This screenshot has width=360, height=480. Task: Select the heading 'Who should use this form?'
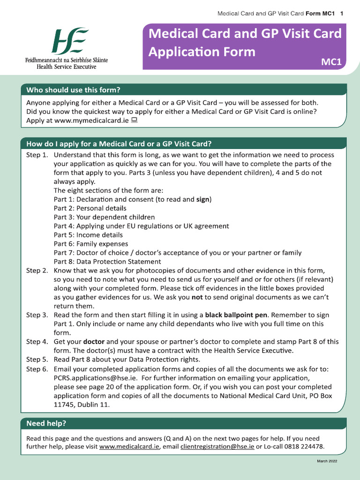point(73,90)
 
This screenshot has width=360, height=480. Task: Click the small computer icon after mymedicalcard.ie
point(134,120)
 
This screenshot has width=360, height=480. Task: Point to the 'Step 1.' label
point(37,155)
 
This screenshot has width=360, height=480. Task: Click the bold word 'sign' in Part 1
point(202,199)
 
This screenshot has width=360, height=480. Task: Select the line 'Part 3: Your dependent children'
point(104,217)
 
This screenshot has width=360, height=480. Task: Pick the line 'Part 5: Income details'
point(88,235)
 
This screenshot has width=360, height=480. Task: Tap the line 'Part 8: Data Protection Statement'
point(107,262)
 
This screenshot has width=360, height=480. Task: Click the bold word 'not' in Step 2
point(197,297)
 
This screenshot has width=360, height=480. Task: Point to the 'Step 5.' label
point(37,360)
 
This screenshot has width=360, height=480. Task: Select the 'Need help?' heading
point(46,424)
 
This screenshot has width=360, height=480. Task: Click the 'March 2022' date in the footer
point(327,462)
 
